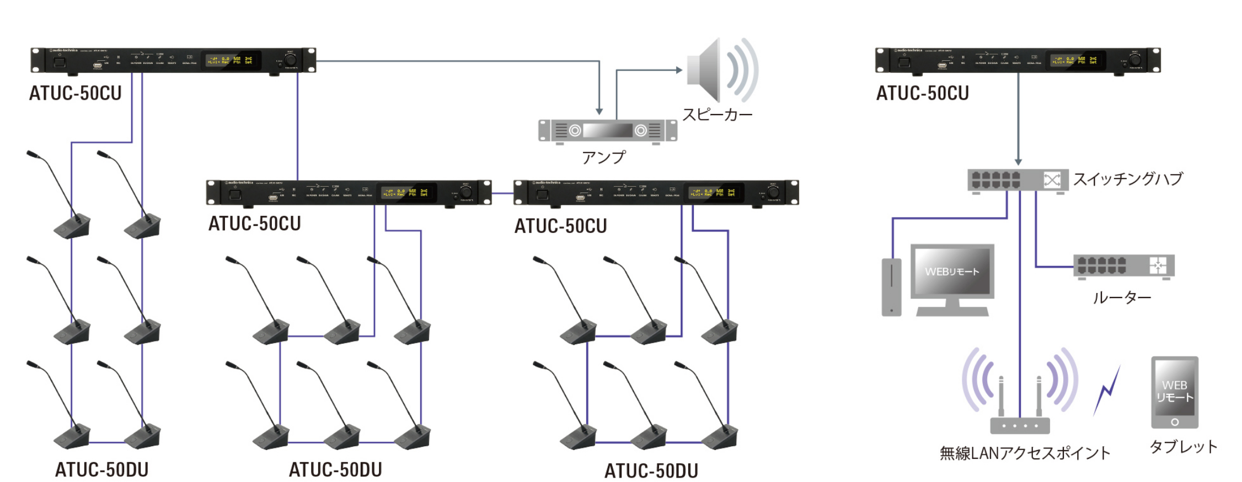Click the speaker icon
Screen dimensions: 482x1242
[720, 70]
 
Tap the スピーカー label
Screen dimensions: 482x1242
[717, 115]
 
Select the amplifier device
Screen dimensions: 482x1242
[607, 131]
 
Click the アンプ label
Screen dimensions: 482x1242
[603, 158]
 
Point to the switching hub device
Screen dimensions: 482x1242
[1018, 180]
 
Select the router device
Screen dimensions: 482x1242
[1123, 266]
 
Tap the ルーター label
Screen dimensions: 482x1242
[1122, 298]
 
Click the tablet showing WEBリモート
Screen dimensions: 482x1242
[1174, 392]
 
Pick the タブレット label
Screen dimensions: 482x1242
[1183, 447]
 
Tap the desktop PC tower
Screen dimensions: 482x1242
[891, 287]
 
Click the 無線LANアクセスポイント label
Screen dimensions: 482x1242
[1025, 453]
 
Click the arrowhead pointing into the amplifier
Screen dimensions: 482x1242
[599, 111]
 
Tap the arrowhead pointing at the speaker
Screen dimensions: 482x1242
[679, 70]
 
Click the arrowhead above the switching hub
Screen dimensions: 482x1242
[1018, 161]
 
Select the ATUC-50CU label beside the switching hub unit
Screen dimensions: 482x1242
[922, 93]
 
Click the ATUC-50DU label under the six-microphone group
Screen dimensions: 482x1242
[101, 470]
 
